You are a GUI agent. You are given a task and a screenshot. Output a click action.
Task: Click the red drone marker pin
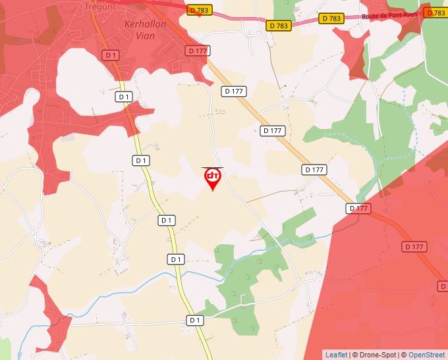[212, 178]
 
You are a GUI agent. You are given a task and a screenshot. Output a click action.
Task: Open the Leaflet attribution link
[336, 355]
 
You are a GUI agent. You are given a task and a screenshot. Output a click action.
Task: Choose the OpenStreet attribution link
[426, 355]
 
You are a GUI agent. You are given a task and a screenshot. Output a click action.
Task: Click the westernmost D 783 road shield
[200, 10]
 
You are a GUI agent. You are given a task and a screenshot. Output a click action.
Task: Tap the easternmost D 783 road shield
[436, 13]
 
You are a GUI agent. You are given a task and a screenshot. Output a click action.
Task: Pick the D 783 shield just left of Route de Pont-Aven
[331, 19]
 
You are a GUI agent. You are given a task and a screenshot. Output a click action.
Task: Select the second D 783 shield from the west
[279, 26]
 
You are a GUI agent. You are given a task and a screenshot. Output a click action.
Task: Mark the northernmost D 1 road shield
[111, 55]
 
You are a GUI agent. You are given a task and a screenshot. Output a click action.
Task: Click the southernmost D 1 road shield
[194, 320]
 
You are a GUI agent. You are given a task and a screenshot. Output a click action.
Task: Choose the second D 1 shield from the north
[124, 97]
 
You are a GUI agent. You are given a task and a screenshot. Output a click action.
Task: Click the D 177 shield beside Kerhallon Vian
[197, 51]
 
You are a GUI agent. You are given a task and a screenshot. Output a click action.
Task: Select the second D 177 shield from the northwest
[233, 91]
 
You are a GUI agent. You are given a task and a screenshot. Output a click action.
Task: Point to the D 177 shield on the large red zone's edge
[358, 209]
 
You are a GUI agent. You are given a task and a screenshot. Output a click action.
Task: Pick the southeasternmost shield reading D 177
[414, 247]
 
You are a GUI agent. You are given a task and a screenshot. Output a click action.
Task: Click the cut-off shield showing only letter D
[443, 286]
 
